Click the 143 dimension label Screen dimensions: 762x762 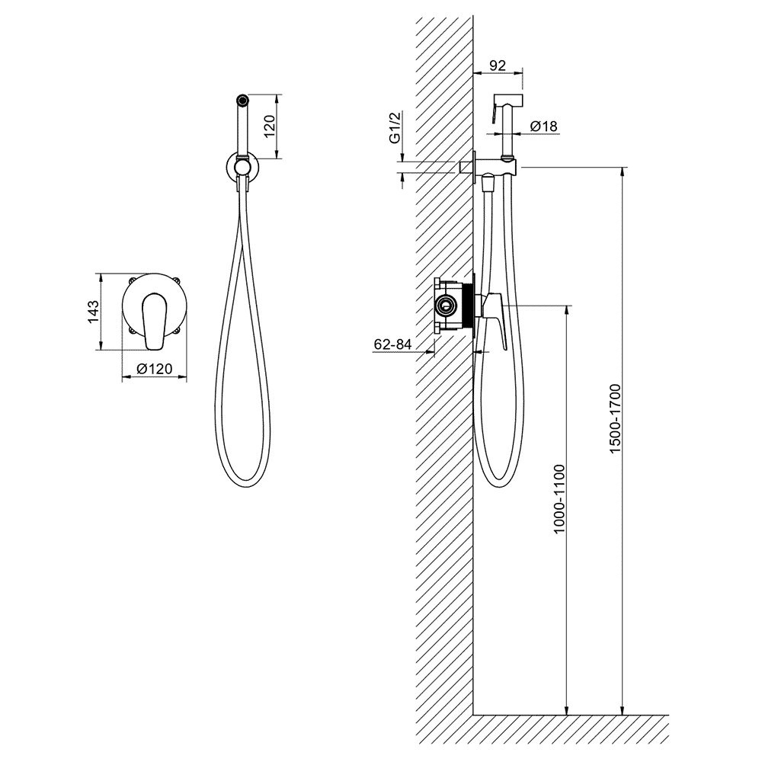coord(93,312)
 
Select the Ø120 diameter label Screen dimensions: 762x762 coord(155,369)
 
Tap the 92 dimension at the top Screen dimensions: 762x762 coord(497,66)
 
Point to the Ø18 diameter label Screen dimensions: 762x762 coord(543,126)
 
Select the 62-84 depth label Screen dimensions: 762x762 coord(392,344)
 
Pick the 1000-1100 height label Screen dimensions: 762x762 coord(560,499)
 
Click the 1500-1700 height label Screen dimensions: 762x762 coord(616,419)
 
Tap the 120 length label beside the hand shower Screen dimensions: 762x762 coord(271,126)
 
